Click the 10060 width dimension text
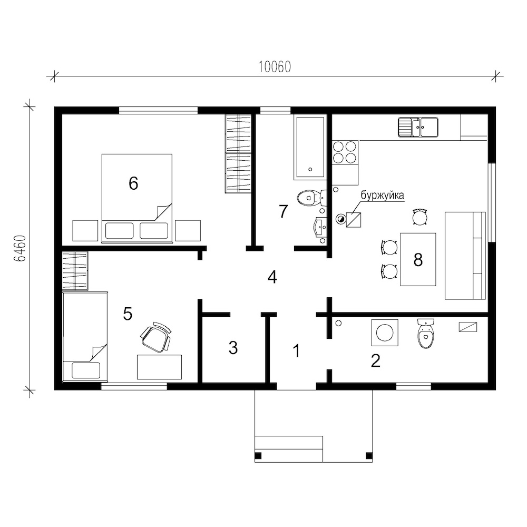(275, 67)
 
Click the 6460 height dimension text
(20, 248)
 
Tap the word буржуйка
(382, 196)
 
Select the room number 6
(133, 183)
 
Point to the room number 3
(233, 348)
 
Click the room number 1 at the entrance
(296, 351)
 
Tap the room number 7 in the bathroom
(284, 211)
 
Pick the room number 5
(128, 314)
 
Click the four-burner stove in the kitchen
(345, 153)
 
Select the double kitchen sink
(418, 127)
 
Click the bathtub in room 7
(309, 147)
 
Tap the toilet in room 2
(426, 334)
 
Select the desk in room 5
(159, 367)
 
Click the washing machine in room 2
(385, 333)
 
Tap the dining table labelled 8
(418, 259)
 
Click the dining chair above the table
(420, 217)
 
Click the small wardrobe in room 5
(75, 270)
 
